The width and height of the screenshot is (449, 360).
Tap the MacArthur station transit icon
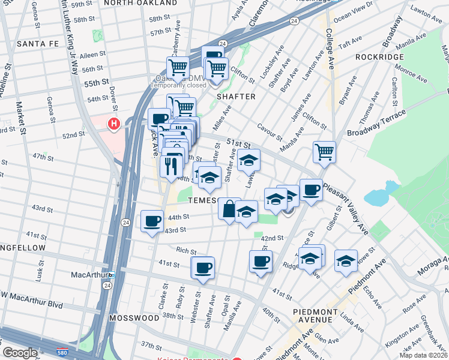(112, 274)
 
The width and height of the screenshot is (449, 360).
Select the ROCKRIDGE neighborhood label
(379, 56)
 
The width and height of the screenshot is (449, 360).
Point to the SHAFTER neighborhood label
(236, 97)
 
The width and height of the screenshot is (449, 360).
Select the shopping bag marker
(229, 209)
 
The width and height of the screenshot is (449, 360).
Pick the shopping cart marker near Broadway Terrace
(324, 152)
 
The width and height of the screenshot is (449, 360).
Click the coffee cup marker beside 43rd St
(151, 221)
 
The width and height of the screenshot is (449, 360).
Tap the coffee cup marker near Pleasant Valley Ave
(310, 190)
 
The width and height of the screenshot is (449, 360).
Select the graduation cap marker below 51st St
(249, 160)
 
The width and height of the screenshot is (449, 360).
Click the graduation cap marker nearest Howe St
(346, 261)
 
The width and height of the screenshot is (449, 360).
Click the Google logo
(20, 353)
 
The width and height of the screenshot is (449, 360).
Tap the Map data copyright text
(424, 355)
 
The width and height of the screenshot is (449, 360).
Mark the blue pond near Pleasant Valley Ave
(376, 196)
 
